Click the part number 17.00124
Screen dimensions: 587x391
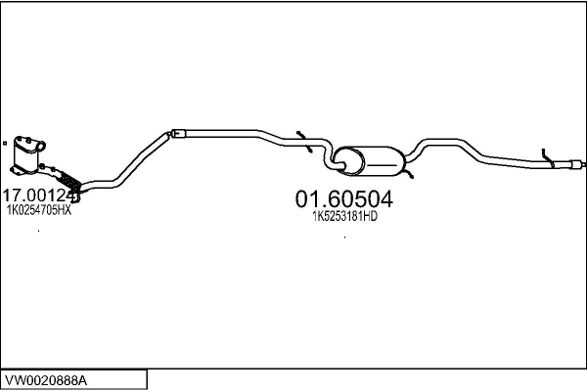(39, 195)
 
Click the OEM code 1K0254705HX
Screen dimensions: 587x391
(39, 210)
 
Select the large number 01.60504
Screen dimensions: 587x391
(344, 199)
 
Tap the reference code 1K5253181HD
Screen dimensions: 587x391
(344, 217)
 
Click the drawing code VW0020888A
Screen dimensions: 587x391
(47, 378)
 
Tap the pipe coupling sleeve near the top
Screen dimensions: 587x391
(177, 131)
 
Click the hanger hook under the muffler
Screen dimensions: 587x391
(411, 174)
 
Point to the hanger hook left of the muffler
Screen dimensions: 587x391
(302, 137)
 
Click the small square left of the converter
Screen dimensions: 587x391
(7, 143)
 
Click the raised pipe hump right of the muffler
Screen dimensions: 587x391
(434, 144)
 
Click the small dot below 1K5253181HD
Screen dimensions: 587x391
(344, 237)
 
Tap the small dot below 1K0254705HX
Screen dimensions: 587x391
(39, 231)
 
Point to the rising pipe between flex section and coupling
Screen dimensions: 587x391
(137, 156)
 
